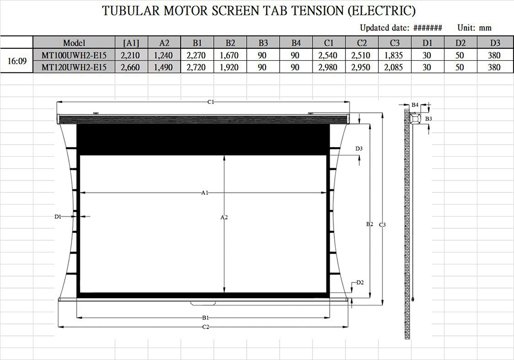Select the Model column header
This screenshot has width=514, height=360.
pos(74,43)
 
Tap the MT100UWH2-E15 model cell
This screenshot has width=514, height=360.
pos(74,55)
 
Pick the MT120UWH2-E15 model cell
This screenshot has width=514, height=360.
pos(74,67)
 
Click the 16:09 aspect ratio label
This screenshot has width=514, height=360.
pos(17,61)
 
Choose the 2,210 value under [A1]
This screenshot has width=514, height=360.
pos(130,55)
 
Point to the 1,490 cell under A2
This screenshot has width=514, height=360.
pos(163,67)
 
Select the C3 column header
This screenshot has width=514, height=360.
pos(395,43)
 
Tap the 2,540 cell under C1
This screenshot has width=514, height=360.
pos(328,55)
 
